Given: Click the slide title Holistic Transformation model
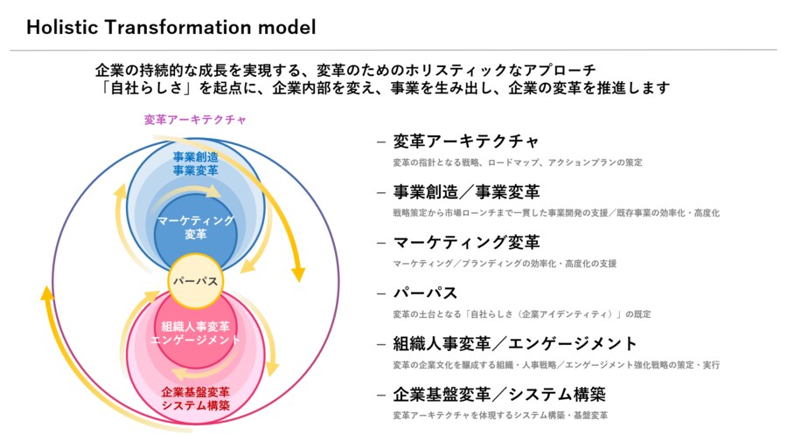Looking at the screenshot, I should [x=171, y=27].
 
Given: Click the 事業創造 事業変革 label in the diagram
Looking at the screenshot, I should [x=195, y=162].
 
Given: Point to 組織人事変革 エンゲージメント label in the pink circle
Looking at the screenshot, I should [x=195, y=334].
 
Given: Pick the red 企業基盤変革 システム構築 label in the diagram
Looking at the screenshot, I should [x=195, y=398].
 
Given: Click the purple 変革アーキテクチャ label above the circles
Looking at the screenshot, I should [x=195, y=120].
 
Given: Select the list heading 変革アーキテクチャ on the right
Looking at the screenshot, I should [x=466, y=141].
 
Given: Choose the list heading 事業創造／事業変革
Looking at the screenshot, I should [x=466, y=192].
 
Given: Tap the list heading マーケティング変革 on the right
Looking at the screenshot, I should [x=466, y=242].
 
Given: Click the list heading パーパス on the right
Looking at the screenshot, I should [x=425, y=293].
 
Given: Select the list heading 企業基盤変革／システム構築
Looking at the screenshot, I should [x=499, y=394].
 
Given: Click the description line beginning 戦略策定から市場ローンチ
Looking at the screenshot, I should [x=556, y=213].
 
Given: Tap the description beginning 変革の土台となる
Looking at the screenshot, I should [x=521, y=314].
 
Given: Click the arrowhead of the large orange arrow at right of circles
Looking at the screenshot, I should [x=297, y=273].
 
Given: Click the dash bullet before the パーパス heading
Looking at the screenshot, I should [x=380, y=293].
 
